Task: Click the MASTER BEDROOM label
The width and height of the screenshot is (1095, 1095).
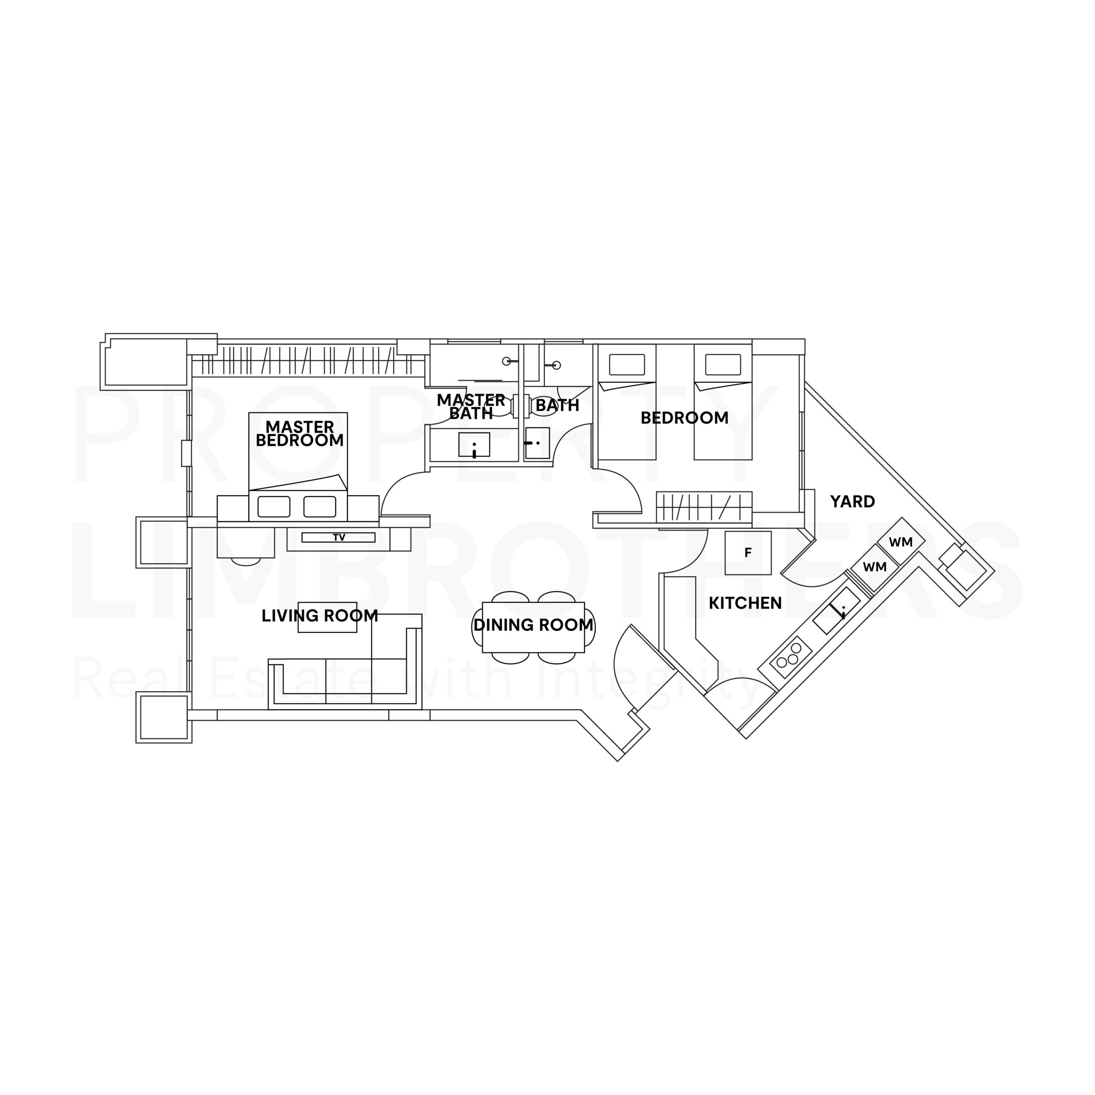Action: (x=300, y=434)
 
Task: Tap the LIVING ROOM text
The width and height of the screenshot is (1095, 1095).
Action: (x=320, y=616)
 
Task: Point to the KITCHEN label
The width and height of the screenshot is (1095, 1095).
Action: (x=745, y=603)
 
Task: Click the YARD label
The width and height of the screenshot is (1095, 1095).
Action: (x=852, y=502)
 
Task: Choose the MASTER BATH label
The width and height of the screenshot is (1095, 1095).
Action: (x=471, y=407)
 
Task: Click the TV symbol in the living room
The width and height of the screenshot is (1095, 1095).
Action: (x=338, y=537)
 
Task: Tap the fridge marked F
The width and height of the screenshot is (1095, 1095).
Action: (x=748, y=553)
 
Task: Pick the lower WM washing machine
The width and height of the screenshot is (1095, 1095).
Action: (x=875, y=567)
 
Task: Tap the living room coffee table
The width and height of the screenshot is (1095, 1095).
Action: (x=328, y=617)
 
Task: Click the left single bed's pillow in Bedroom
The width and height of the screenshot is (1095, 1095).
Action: (x=627, y=365)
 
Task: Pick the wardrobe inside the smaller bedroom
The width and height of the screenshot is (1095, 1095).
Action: (x=704, y=507)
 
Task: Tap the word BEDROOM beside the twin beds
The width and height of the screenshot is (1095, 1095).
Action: (x=685, y=418)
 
